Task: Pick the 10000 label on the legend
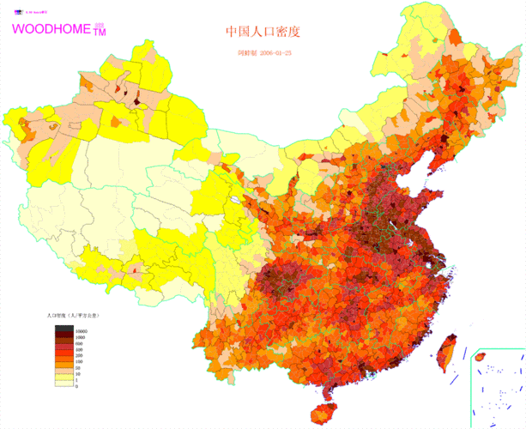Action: point(82,330)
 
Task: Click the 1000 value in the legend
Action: point(80,337)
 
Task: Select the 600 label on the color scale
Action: point(79,344)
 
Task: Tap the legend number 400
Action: point(79,351)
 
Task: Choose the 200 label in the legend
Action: point(79,358)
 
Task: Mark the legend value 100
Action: point(79,365)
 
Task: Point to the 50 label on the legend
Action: point(78,372)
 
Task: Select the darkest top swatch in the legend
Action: point(63,330)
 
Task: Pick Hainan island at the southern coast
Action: point(324,415)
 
